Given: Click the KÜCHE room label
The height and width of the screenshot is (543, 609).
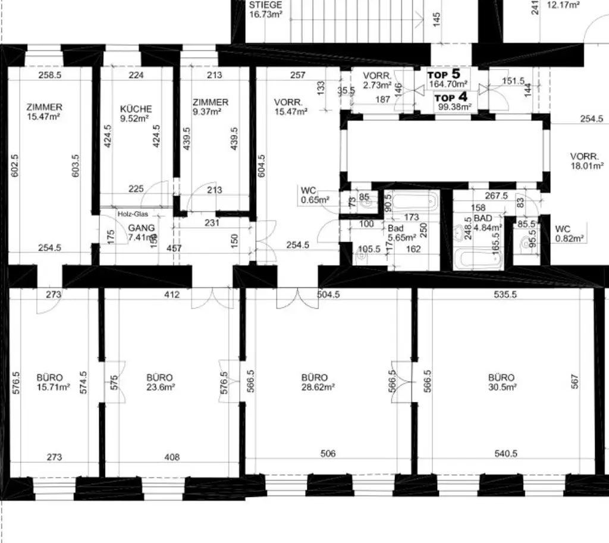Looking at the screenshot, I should (x=136, y=114).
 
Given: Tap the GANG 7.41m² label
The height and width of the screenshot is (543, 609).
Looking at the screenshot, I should (x=142, y=232).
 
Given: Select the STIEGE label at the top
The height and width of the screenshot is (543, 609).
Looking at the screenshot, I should (x=265, y=10).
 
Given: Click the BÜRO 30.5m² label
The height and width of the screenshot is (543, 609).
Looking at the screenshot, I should (x=501, y=382).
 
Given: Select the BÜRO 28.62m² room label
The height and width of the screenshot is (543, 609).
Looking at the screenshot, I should (x=315, y=382).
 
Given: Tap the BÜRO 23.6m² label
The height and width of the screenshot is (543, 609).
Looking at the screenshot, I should (x=159, y=382).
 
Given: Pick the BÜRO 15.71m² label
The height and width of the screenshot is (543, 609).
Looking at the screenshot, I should (x=53, y=382).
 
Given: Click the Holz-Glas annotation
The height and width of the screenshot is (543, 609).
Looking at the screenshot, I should (x=132, y=214).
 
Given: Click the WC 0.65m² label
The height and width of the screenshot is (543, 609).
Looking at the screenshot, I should (x=315, y=195).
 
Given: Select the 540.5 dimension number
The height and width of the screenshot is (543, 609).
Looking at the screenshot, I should (x=506, y=454).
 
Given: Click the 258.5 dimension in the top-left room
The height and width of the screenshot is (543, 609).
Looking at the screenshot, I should (x=49, y=76).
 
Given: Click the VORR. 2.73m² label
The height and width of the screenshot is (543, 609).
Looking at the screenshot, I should (x=378, y=80).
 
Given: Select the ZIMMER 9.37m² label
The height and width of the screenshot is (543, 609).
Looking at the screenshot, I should (x=210, y=106).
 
